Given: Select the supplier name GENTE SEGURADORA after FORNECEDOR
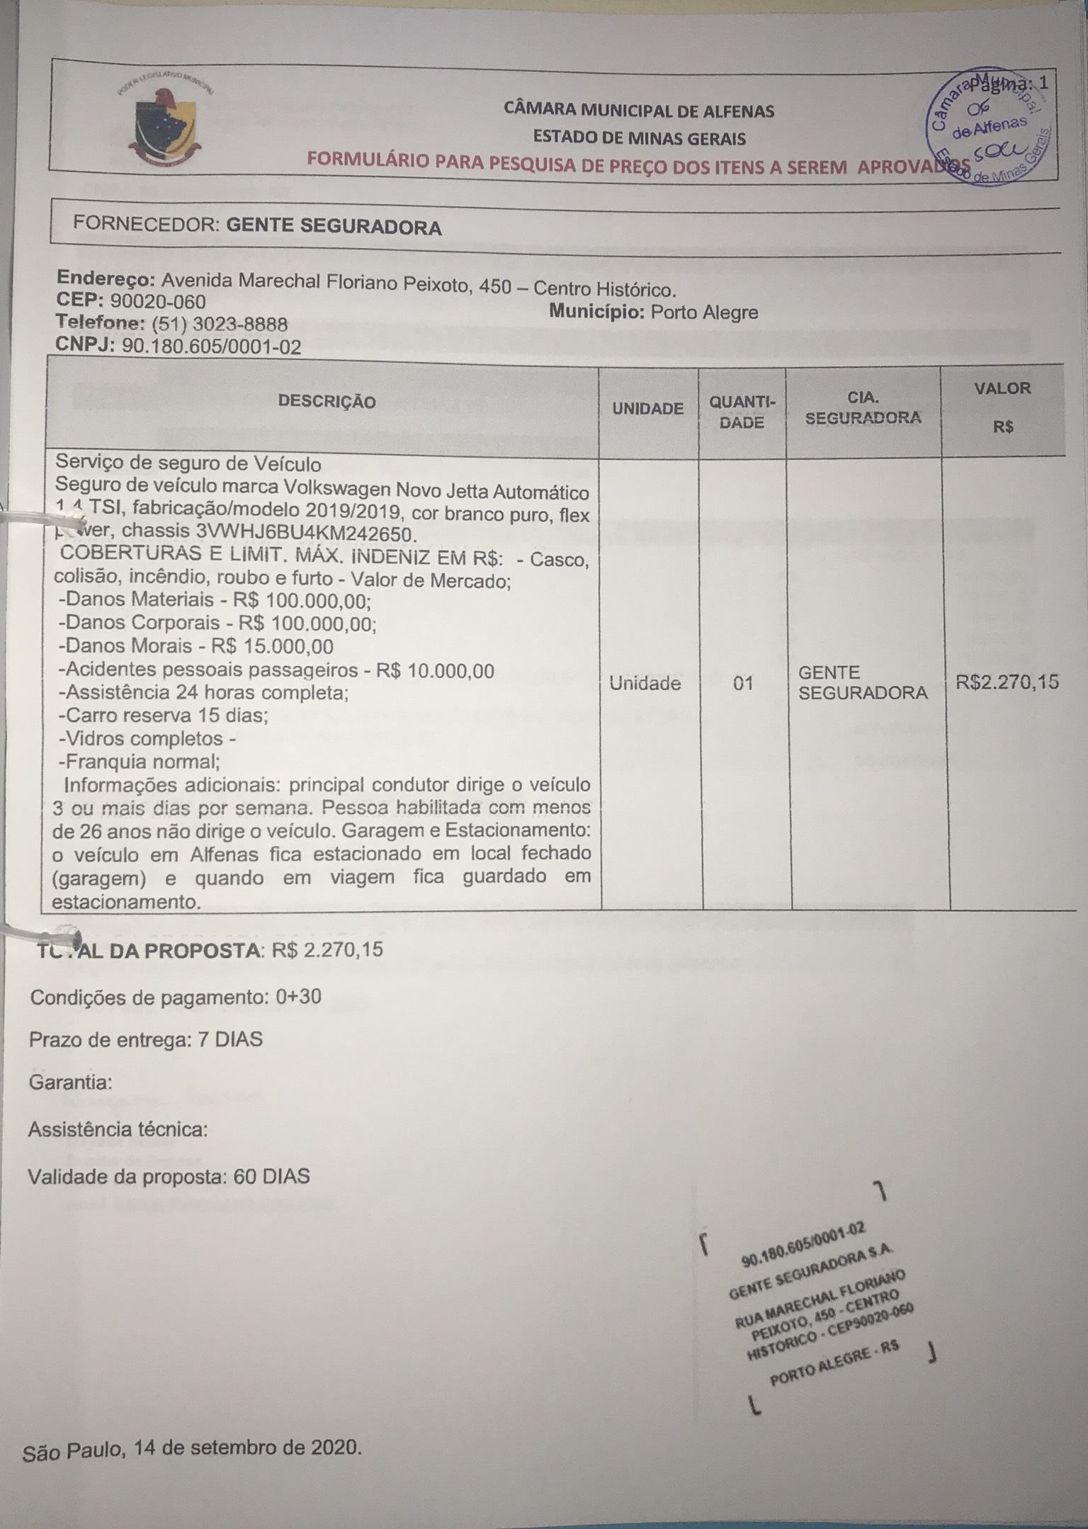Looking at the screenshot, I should click(334, 227).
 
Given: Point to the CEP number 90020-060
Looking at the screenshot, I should click(159, 301).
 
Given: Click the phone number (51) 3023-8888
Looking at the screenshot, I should click(220, 325).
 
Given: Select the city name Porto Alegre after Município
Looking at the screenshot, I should click(704, 312).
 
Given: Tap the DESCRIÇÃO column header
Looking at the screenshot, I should click(327, 402).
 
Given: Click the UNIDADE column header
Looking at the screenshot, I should click(647, 409).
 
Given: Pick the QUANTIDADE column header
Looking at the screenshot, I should click(742, 412).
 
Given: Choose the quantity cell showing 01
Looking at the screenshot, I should click(743, 684).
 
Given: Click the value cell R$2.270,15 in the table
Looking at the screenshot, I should click(1007, 682).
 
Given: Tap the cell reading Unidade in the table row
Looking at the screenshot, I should click(645, 684).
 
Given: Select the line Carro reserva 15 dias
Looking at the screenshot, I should click(164, 715).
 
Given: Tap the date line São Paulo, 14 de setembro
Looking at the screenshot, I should click(192, 1447).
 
